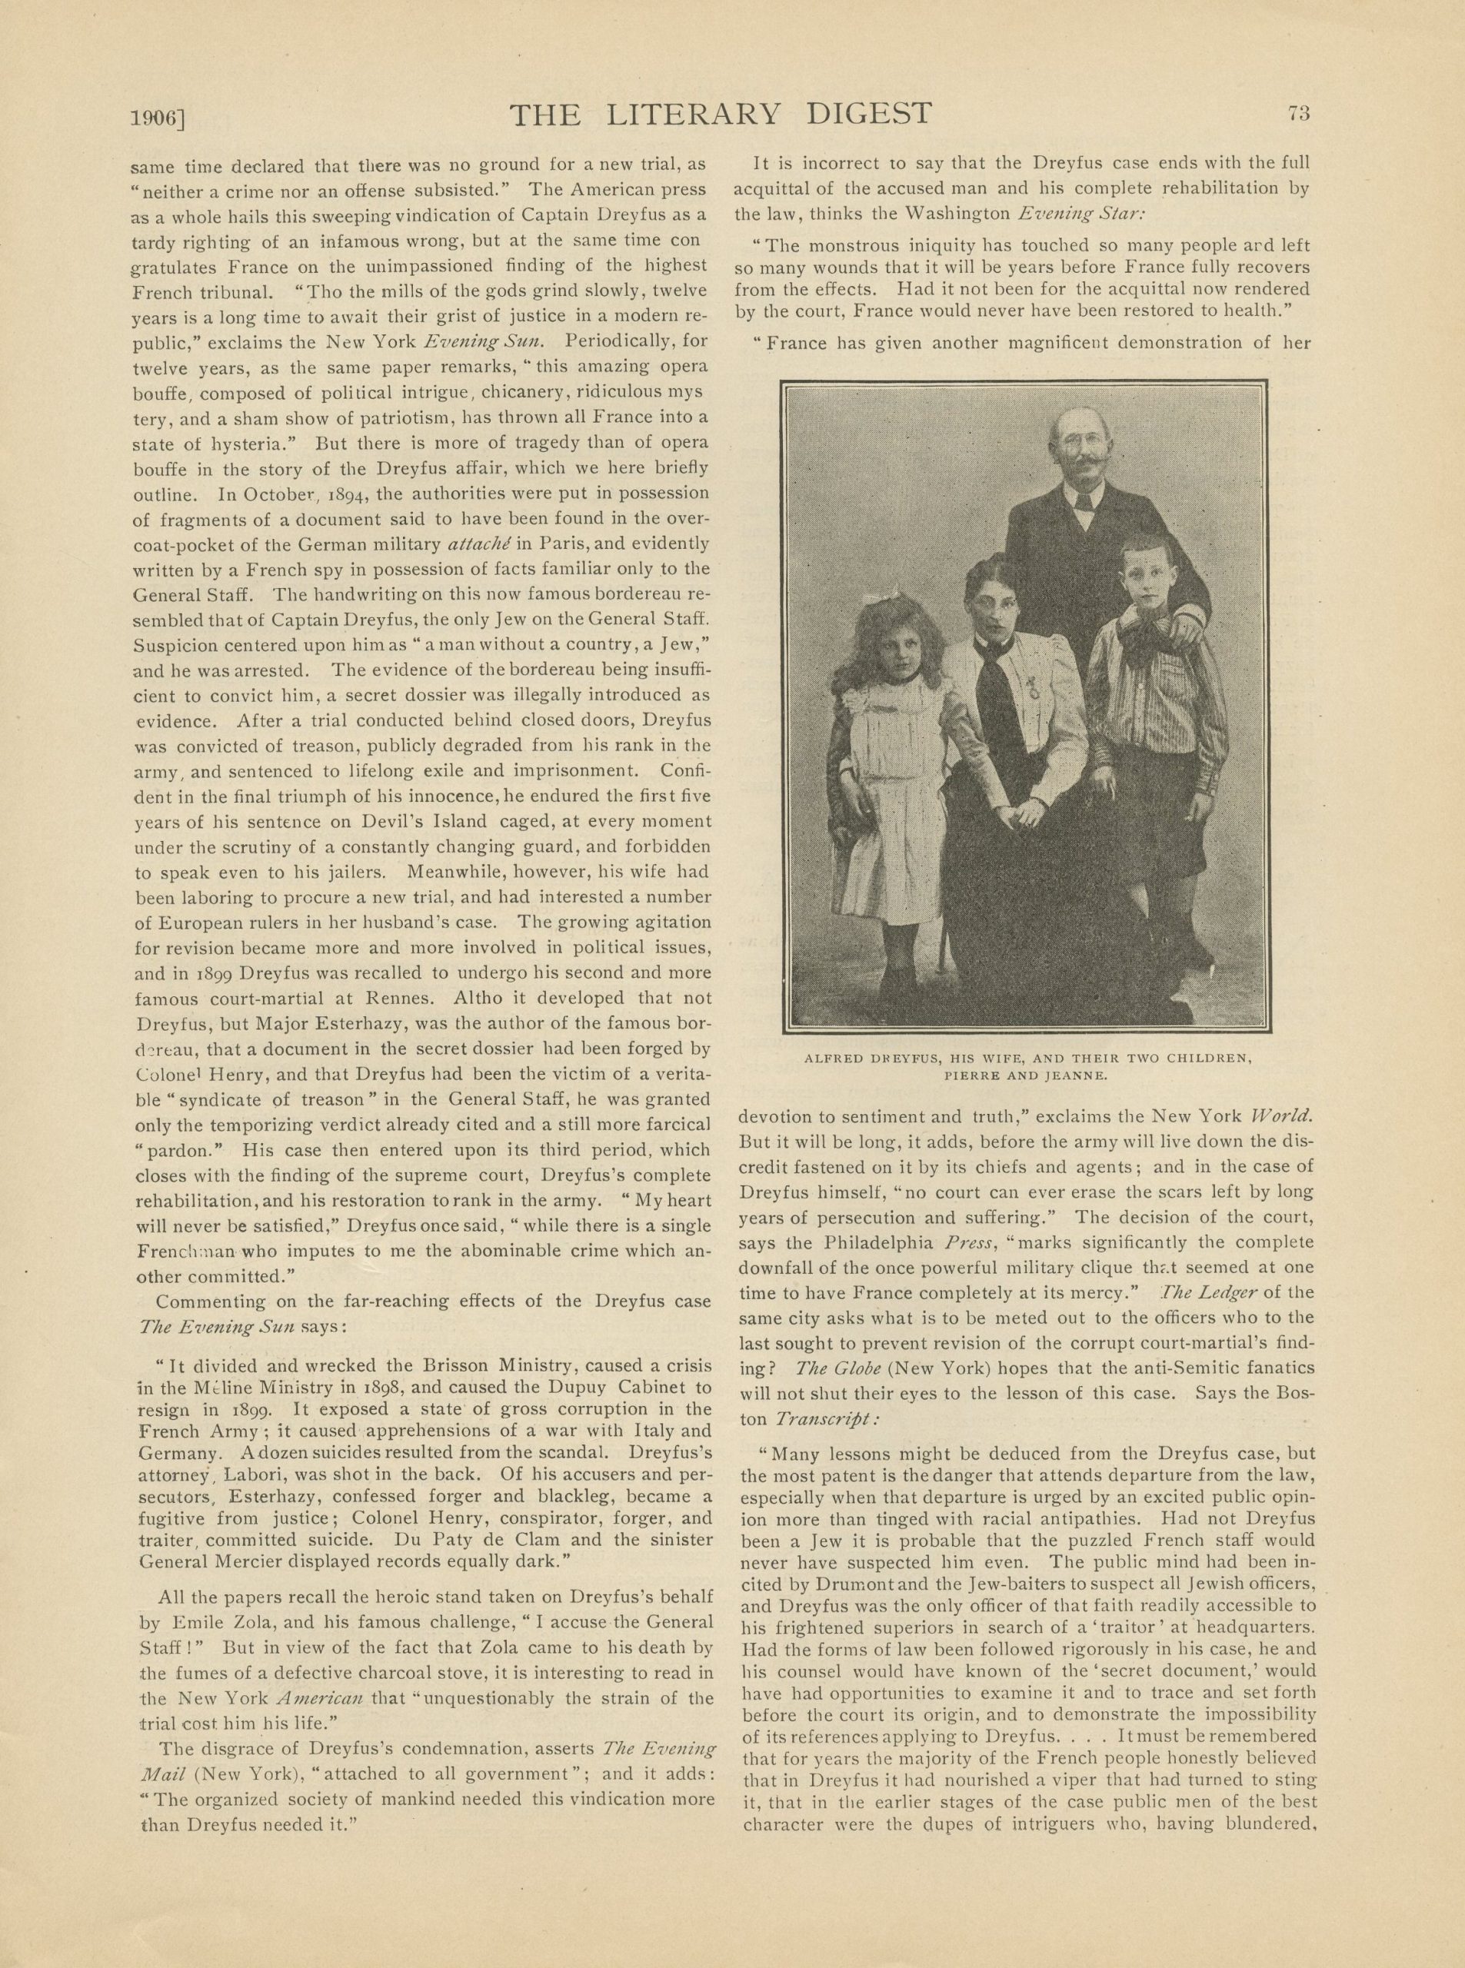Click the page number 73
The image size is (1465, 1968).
point(1300,114)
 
